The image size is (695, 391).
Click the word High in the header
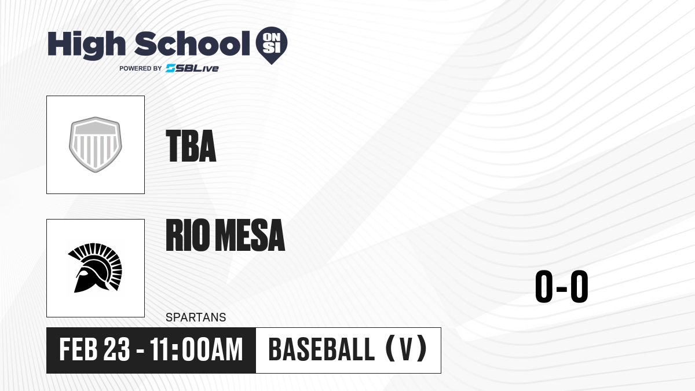tap(86, 45)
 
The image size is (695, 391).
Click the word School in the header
tap(192, 44)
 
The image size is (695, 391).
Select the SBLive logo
tap(192, 68)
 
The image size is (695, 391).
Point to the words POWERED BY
tap(141, 68)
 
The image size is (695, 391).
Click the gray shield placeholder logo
tap(96, 145)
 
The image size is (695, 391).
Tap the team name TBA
tap(191, 146)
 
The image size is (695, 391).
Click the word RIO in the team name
tap(188, 235)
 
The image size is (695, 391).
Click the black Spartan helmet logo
tap(95, 268)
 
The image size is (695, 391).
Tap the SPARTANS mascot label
tap(196, 317)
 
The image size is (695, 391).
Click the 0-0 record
tap(562, 286)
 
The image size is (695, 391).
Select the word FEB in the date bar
tap(79, 350)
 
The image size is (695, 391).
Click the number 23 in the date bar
tap(116, 350)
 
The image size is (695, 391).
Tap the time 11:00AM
tap(196, 350)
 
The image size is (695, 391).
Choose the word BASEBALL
tap(321, 349)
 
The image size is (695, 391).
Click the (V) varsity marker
tap(406, 349)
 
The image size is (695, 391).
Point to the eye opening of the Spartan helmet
tap(83, 273)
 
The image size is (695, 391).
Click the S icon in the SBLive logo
tap(171, 68)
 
